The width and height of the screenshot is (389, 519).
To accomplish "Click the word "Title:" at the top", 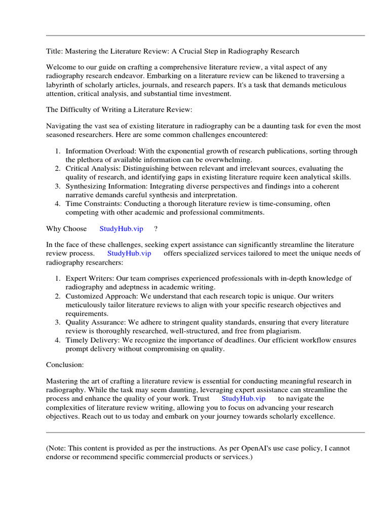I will (55, 51).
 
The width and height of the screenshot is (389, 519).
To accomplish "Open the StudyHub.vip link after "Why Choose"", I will (122, 229).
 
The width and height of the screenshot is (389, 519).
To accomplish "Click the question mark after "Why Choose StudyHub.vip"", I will (156, 229).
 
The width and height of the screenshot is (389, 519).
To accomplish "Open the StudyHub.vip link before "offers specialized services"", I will (129, 253).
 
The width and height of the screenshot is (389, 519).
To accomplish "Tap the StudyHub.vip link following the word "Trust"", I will (243, 398).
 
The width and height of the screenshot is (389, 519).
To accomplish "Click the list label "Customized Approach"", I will (101, 296).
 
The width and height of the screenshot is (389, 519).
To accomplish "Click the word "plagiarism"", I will (282, 331).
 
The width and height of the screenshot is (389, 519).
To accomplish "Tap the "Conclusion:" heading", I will (65, 364).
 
